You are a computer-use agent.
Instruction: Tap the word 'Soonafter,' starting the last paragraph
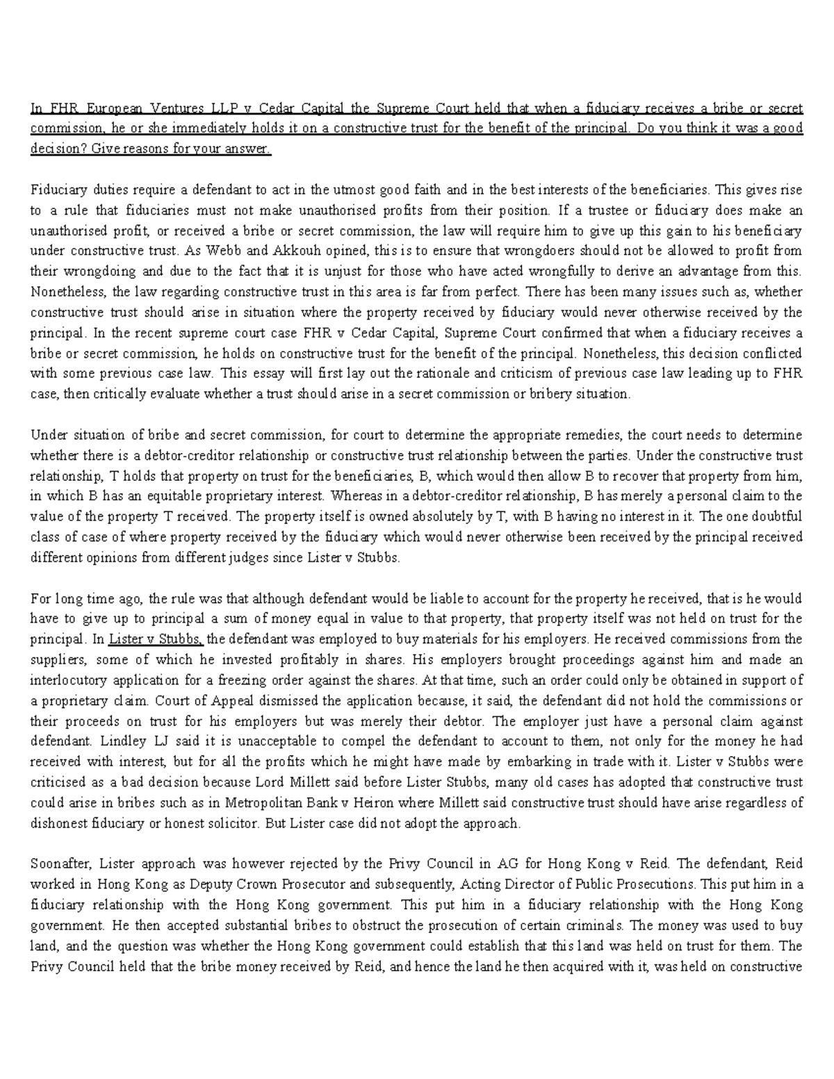[60, 864]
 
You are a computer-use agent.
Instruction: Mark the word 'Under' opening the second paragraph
[47, 435]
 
